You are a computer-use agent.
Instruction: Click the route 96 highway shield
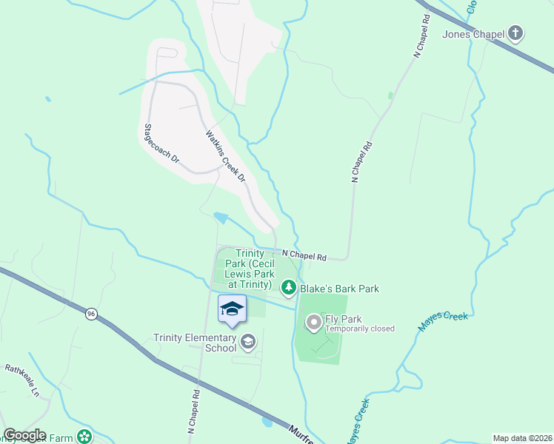coord(90,313)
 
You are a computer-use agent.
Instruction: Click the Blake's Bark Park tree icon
coord(288,288)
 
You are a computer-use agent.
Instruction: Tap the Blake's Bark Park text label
coord(339,289)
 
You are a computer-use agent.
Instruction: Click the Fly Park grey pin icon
coord(314,322)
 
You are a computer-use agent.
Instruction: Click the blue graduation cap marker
coord(232,309)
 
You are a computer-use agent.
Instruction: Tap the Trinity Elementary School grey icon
coord(248,341)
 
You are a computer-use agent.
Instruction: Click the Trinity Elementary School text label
coord(194,343)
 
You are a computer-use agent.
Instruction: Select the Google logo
coord(24,435)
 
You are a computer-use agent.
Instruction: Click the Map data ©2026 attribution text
coord(522,438)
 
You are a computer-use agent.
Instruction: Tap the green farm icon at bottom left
coord(86,437)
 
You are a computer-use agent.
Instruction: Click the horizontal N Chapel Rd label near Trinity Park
coord(304,255)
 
